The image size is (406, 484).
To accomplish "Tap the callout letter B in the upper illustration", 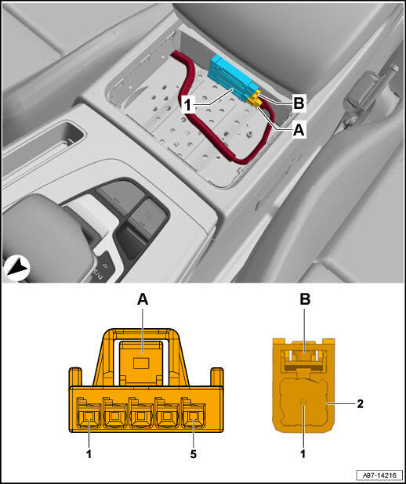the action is (x=299, y=103).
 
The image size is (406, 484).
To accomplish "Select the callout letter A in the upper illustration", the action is (x=299, y=130).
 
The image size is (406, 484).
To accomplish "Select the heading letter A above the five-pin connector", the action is (x=143, y=300).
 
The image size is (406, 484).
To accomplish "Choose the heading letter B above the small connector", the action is (x=304, y=300).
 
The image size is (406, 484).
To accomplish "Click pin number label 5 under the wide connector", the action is (x=194, y=454).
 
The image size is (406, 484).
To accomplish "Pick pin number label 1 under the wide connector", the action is (x=89, y=454).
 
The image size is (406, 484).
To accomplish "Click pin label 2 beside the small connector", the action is (x=361, y=404).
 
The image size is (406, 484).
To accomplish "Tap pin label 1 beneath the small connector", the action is (x=303, y=453).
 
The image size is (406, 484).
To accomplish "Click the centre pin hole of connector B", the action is (x=304, y=402).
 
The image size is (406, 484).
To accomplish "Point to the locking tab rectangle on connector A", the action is (x=141, y=363).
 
